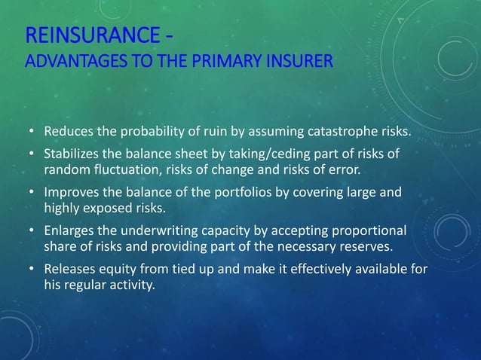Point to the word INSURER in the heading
(302, 60)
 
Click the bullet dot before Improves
(32, 191)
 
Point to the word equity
(113, 269)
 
